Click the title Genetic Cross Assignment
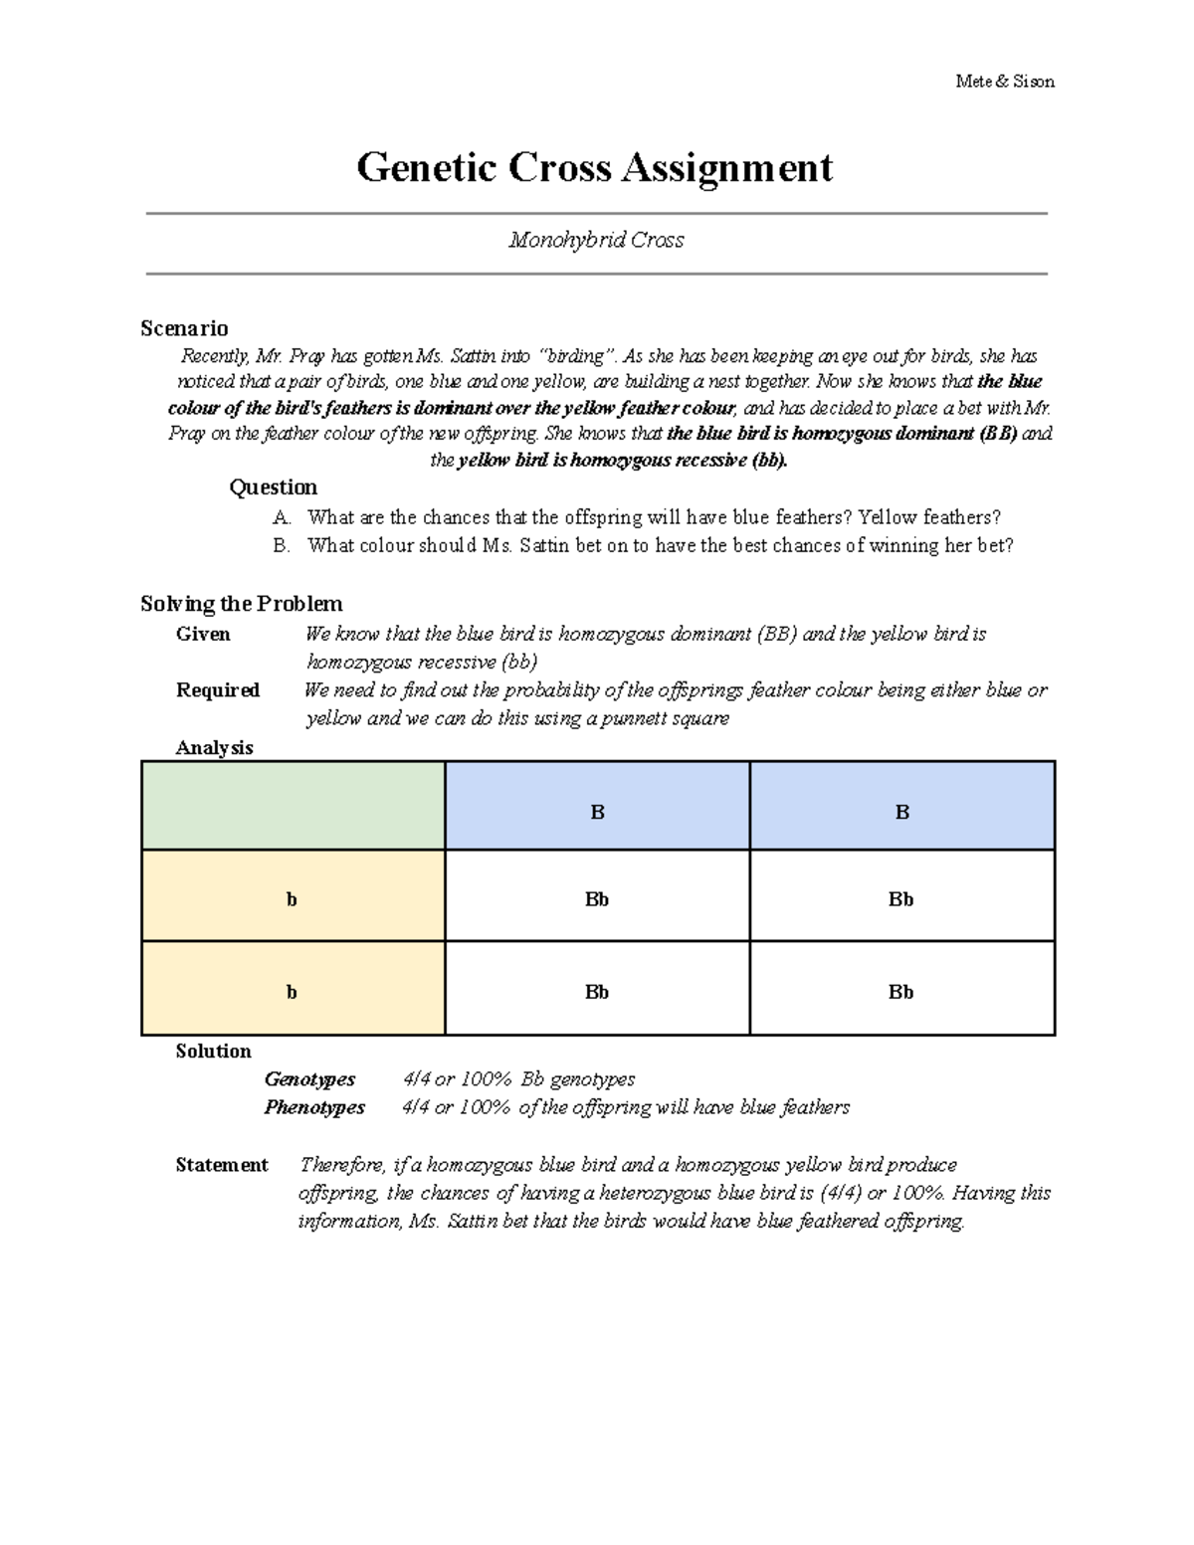(x=595, y=167)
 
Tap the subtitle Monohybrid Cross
(x=596, y=240)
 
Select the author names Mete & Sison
(x=1004, y=82)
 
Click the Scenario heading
(x=184, y=328)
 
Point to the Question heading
(x=273, y=486)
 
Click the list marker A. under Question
(x=282, y=517)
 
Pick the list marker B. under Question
(x=282, y=545)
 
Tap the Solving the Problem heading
(x=241, y=604)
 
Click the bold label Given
(x=203, y=634)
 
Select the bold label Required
(x=217, y=689)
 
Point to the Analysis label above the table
(x=214, y=747)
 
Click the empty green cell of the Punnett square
(x=293, y=806)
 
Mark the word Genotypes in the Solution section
(x=309, y=1079)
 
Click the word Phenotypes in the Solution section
(x=314, y=1107)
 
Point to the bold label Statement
(x=221, y=1165)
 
